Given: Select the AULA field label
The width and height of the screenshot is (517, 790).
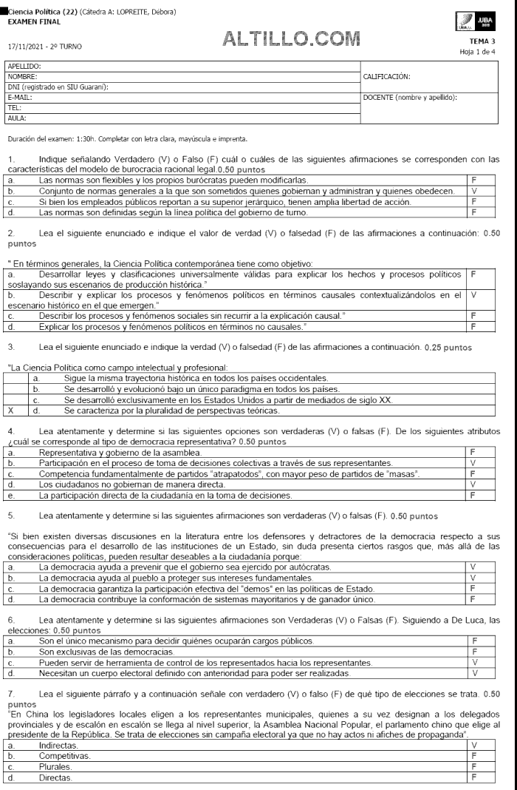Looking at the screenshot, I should pos(16,118).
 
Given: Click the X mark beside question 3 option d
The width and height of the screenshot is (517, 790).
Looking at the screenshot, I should pos(10,410).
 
